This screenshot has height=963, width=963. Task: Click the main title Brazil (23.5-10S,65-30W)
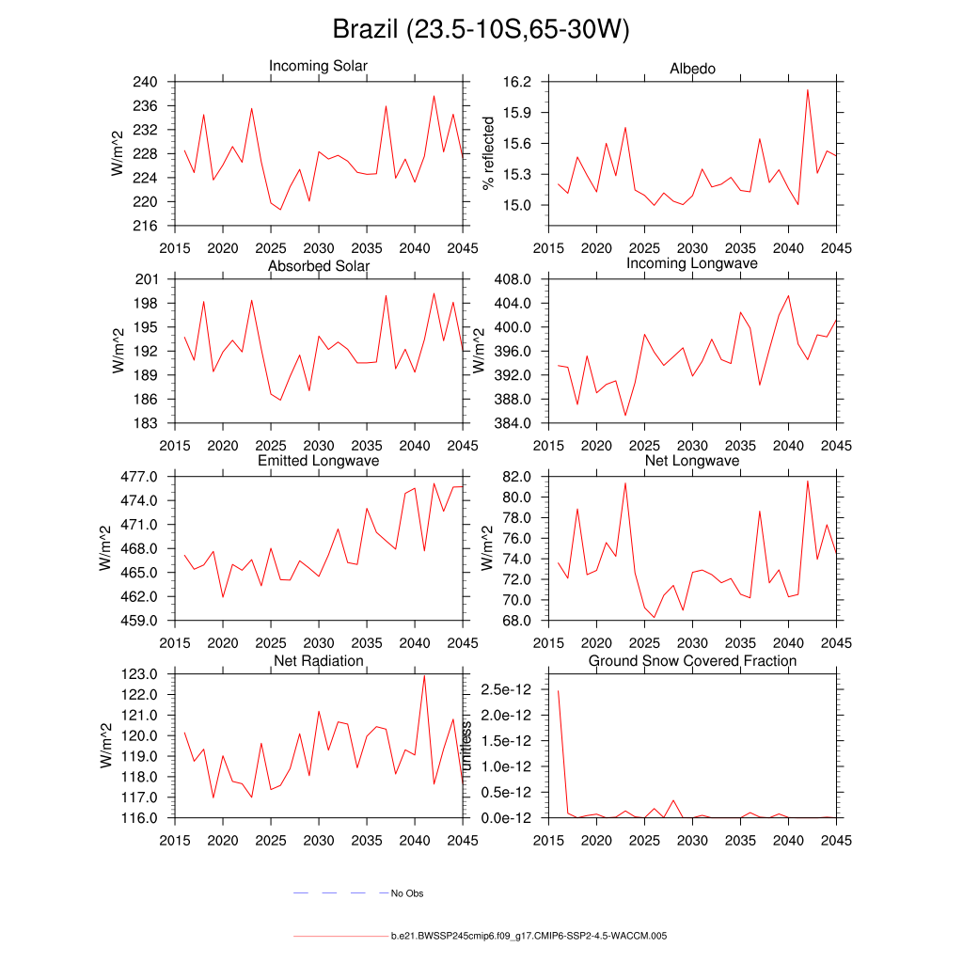point(481,30)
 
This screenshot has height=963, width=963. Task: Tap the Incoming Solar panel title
point(318,67)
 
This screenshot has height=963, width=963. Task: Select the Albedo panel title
point(692,69)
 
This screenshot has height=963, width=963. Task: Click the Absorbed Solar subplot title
point(319,266)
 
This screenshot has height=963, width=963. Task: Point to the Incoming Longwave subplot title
point(692,263)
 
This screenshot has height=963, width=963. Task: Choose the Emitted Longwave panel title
point(319,461)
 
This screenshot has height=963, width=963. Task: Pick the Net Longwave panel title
point(692,461)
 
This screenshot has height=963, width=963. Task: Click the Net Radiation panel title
point(319,661)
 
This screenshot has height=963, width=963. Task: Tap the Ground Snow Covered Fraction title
point(692,661)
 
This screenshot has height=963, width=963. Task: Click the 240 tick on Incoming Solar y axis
point(146,82)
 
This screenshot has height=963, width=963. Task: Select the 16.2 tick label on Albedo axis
point(516,82)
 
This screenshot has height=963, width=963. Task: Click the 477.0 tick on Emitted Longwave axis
point(141,477)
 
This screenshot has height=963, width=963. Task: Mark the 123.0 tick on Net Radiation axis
point(141,674)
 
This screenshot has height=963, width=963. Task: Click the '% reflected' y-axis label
point(488,153)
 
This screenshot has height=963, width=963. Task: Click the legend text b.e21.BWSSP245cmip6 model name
point(529,937)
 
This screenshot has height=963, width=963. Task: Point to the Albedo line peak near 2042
point(807,90)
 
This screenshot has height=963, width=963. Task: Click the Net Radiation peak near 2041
point(424,676)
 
